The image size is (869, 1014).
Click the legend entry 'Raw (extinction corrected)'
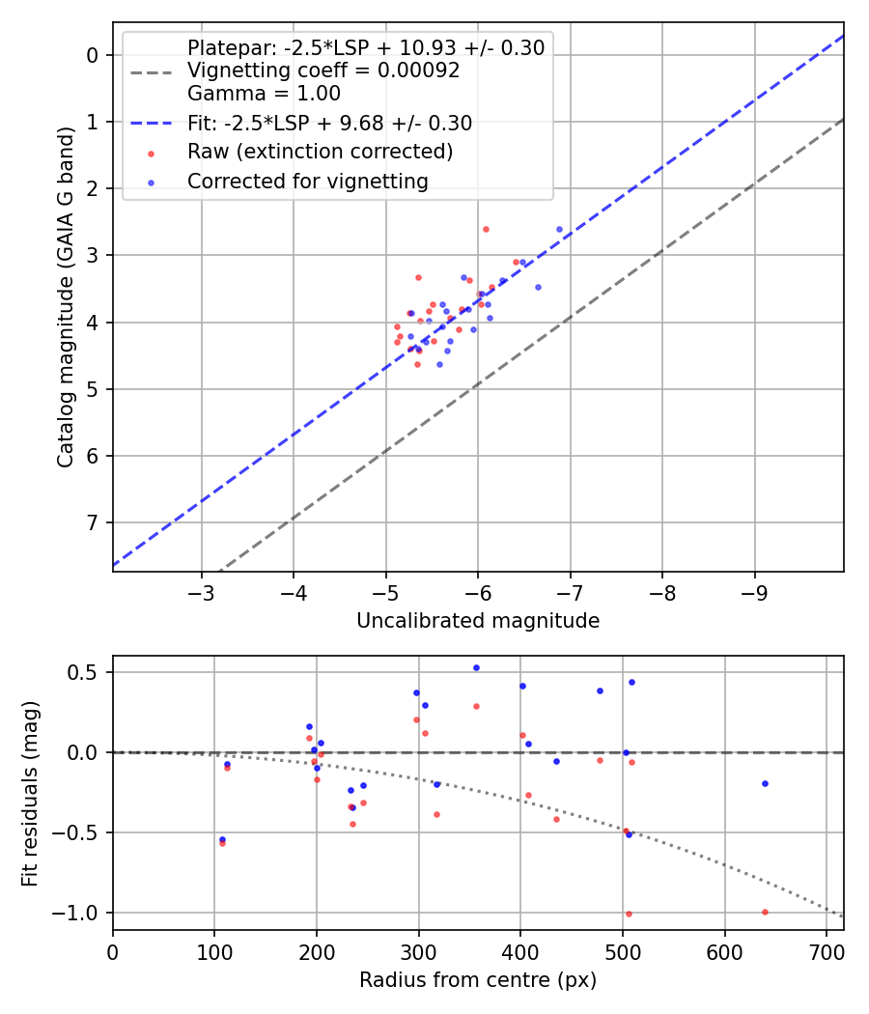(x=320, y=152)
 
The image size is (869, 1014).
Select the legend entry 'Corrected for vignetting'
(x=307, y=181)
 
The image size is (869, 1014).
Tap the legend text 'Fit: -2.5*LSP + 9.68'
(x=329, y=124)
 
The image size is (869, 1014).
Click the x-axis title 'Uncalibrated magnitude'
(x=478, y=621)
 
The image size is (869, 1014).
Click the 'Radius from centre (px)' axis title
(x=478, y=981)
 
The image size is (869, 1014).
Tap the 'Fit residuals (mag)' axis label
(x=30, y=792)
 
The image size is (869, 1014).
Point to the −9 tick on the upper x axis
(x=754, y=591)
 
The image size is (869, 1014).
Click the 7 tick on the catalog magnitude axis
(x=94, y=522)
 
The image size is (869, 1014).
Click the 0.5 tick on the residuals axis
(x=88, y=672)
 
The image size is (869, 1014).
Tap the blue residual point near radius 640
(x=765, y=783)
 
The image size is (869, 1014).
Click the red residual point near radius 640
(x=765, y=912)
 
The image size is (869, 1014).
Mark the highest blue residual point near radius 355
(x=476, y=667)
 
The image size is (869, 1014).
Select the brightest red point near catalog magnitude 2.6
(x=486, y=229)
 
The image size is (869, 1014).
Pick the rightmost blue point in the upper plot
(x=559, y=229)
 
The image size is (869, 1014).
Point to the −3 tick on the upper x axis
(x=202, y=591)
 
